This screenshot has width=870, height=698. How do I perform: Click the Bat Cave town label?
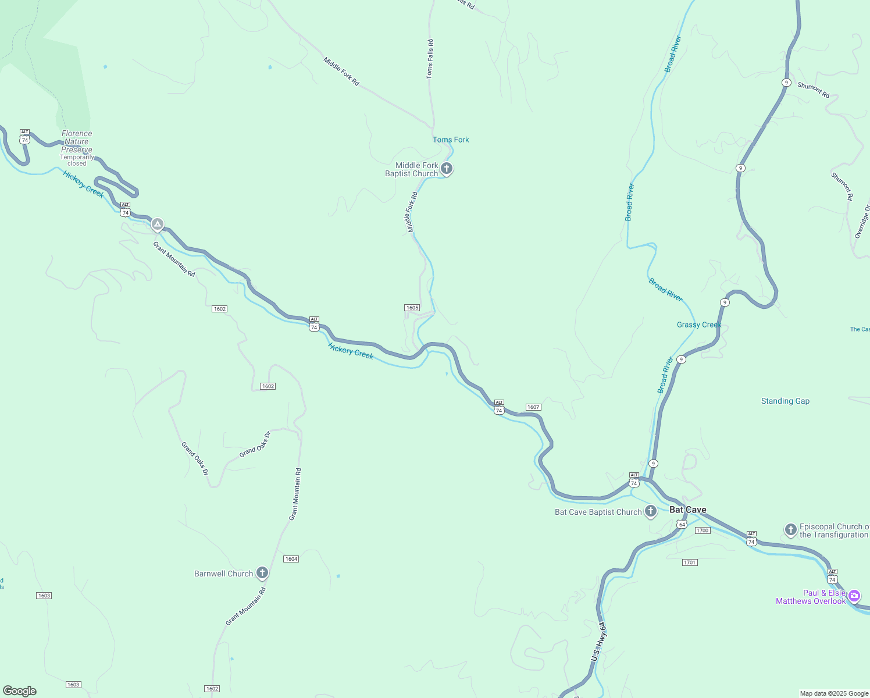tap(688, 510)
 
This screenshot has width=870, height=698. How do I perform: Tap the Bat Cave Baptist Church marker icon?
tap(651, 511)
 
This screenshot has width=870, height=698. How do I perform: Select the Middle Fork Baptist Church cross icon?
tap(447, 169)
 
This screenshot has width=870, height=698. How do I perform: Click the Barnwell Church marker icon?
tap(262, 573)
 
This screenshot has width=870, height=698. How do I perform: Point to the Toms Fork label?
tap(451, 140)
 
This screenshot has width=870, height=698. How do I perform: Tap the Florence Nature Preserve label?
tap(77, 142)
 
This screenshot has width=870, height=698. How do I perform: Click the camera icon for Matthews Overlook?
tap(854, 595)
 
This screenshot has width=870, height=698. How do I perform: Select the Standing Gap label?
tap(785, 401)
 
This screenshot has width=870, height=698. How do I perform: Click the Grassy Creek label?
tap(699, 325)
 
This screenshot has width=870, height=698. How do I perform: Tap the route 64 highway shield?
tap(682, 525)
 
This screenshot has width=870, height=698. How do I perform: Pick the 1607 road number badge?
tap(533, 407)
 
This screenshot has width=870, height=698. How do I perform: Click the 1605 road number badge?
tap(412, 308)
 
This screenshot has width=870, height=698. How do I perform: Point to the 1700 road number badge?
tap(703, 530)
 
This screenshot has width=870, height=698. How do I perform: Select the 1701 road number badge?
tap(690, 562)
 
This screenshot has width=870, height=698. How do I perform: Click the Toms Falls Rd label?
tap(430, 59)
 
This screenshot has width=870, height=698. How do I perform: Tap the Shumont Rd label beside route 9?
tap(813, 90)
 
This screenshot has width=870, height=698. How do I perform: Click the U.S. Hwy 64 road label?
tap(598, 641)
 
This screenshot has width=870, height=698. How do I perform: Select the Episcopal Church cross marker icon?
tap(790, 529)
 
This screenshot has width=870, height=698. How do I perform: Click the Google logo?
tap(20, 691)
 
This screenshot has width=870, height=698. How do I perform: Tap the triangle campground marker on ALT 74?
tap(157, 224)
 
